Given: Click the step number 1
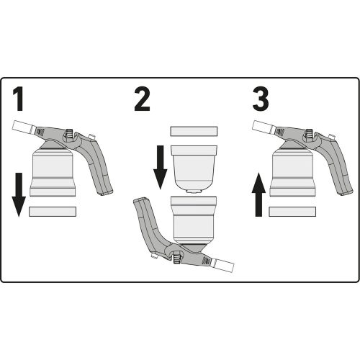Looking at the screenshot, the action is pos(19,99).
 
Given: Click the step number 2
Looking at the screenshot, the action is pos(142,99).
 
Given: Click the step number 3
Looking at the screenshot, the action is pos(261,99).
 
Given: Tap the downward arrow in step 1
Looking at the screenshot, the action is pos(19,194).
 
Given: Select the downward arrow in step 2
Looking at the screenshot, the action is pos(160,167).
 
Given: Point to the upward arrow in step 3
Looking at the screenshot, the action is pos(258,194).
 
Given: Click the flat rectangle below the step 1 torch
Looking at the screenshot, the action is pos(53,212).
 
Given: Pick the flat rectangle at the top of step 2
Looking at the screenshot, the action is pos(194,132).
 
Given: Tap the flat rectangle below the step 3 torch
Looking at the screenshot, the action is pos(292,212).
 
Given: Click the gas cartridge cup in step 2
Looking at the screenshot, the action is pos(194,167).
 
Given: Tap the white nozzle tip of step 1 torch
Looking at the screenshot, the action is pos(22,127).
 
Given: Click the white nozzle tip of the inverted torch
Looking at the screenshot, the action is pos(223,265).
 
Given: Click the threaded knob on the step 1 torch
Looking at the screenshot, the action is pos(69,134).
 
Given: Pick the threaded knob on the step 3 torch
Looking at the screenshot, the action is pos(309,134).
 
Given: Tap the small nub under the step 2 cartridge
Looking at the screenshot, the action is pos(194,192).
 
